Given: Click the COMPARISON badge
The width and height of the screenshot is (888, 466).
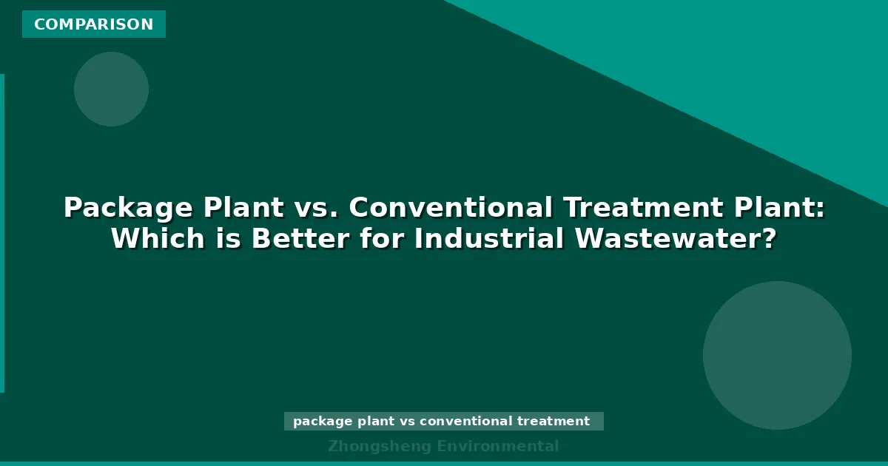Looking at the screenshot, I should [94, 24].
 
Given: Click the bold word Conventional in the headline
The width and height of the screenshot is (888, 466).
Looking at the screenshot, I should [451, 208].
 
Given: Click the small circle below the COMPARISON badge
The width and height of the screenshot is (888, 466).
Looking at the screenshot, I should [111, 89].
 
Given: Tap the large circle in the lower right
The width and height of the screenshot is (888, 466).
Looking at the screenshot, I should [777, 355].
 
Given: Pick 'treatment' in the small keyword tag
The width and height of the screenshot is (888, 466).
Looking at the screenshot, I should [554, 422].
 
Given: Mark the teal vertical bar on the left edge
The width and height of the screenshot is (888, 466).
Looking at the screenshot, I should [2, 233].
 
